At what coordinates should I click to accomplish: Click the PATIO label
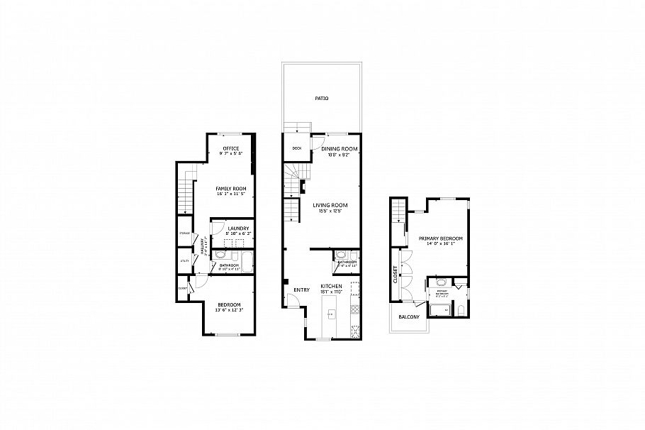click(x=322, y=99)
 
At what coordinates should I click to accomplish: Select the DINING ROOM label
click(x=338, y=149)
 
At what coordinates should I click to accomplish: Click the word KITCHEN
click(x=332, y=286)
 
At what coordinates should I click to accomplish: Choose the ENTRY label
click(x=301, y=289)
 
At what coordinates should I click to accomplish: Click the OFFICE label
click(x=231, y=148)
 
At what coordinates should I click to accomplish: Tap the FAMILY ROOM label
click(x=231, y=187)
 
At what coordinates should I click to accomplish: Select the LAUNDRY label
click(x=237, y=228)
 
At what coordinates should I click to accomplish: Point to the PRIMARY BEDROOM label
click(x=440, y=238)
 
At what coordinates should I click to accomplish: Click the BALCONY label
click(x=409, y=316)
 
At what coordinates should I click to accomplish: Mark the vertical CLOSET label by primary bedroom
click(x=396, y=275)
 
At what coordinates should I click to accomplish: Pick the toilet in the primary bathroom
click(x=459, y=309)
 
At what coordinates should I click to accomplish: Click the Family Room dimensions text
click(x=231, y=193)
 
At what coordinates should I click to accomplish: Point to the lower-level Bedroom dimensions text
click(x=229, y=309)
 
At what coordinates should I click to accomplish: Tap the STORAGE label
click(x=184, y=233)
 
